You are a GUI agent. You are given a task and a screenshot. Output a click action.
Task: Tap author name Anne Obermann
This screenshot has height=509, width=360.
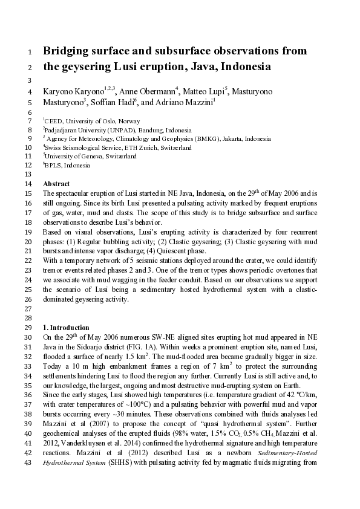148,92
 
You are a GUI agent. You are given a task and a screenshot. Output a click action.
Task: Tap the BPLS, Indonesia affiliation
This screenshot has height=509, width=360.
67,165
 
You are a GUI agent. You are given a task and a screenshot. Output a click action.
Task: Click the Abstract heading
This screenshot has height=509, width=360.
56,183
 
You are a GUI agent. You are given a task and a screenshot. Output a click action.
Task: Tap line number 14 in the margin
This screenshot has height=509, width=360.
28,183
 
